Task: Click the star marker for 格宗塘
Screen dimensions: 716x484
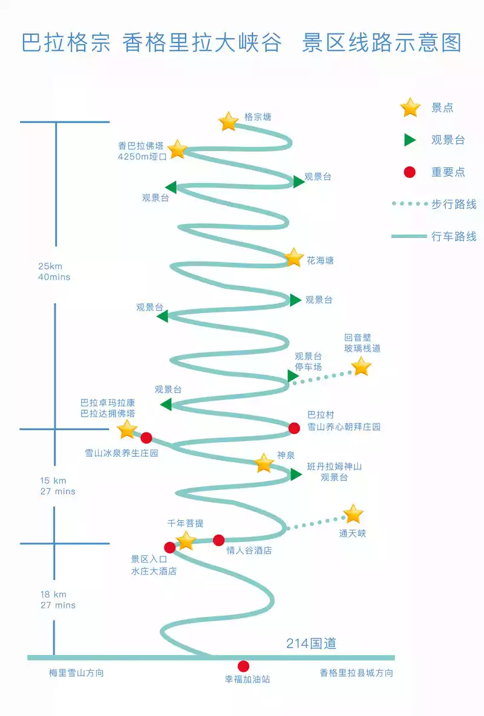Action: point(229,121)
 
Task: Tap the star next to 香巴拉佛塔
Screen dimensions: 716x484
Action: point(177,149)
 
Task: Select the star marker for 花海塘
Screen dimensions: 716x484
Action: point(293,257)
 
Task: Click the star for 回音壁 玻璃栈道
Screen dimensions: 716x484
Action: point(361,366)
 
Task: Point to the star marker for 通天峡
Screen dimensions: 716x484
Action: point(353,514)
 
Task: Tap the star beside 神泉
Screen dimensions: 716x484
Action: point(264,463)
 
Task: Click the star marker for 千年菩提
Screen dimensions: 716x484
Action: point(186,540)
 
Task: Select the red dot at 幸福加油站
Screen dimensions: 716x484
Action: point(243,666)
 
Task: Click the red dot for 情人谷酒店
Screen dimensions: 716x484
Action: point(218,540)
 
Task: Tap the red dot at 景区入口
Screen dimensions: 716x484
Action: point(170,547)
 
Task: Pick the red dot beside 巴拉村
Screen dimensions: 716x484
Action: point(294,428)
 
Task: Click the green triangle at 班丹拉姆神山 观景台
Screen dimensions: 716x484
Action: point(295,475)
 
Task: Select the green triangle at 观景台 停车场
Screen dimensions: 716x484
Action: point(293,376)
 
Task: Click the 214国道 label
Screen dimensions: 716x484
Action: point(311,643)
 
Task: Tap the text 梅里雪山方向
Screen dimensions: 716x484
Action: point(76,672)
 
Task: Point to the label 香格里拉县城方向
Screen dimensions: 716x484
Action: point(356,672)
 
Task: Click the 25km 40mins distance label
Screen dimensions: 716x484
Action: point(54,271)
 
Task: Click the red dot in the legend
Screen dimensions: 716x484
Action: point(410,172)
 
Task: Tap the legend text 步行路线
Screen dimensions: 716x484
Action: point(454,204)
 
